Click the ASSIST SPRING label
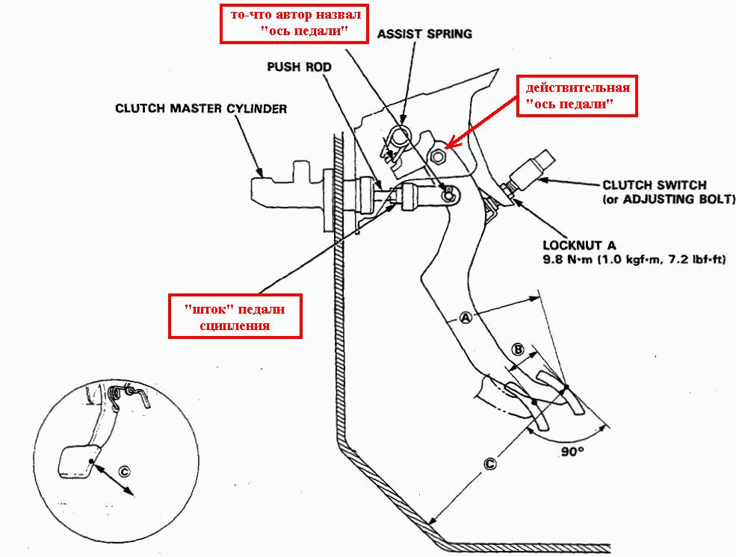(x=424, y=34)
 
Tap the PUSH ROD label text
(x=299, y=66)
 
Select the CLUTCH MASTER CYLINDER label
(x=201, y=108)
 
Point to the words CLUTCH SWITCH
(x=653, y=184)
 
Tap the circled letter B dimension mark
(x=516, y=349)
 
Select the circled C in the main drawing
(x=490, y=464)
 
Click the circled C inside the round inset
(x=124, y=471)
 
